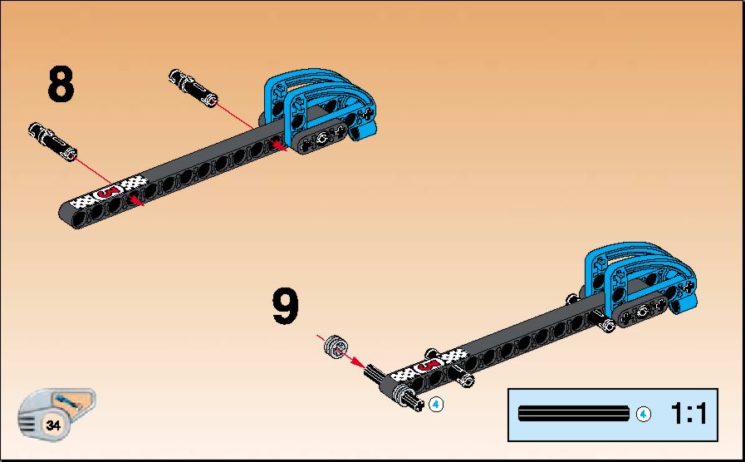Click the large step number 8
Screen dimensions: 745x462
(61, 84)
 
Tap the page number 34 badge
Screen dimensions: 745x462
(52, 425)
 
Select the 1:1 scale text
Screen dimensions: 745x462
(689, 413)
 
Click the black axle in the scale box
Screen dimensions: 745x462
(573, 414)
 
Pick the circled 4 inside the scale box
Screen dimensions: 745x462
(644, 414)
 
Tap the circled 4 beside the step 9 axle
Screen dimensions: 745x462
(436, 405)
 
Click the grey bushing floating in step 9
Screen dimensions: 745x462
(336, 346)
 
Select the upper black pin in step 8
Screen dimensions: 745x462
(194, 88)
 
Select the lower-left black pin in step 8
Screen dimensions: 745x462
(52, 141)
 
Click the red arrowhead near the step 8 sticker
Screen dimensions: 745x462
(136, 200)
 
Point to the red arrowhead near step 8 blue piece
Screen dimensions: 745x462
(279, 145)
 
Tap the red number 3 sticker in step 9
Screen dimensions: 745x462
(429, 365)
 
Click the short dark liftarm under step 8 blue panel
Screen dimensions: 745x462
(322, 137)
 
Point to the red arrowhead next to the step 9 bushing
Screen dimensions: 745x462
(357, 363)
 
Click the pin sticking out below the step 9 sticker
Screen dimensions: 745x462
(463, 377)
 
